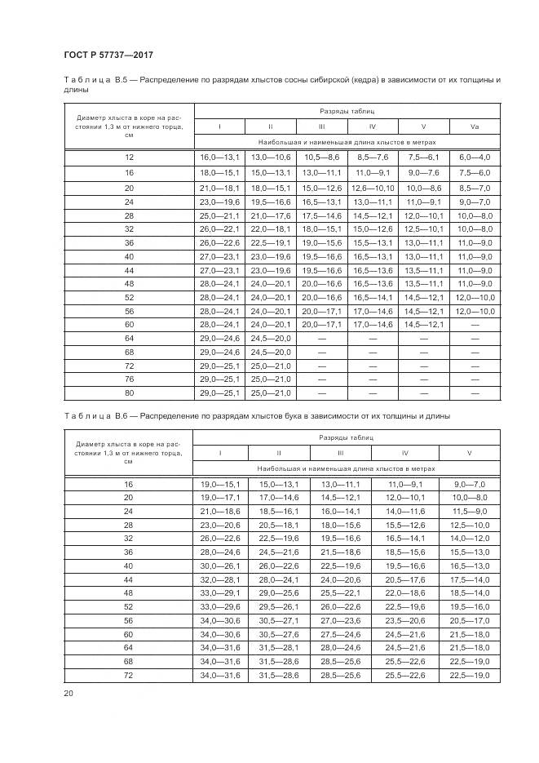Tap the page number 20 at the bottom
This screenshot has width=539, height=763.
(x=68, y=694)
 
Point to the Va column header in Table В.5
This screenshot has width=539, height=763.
(x=474, y=126)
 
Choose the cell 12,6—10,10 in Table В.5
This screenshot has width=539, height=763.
(x=372, y=188)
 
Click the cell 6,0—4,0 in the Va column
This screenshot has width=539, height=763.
(x=474, y=156)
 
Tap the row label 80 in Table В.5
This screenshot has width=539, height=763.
(x=128, y=393)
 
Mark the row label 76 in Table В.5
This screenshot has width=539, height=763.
(x=128, y=379)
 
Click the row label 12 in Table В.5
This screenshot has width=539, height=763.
(x=128, y=156)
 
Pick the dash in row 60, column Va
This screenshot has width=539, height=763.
(x=474, y=324)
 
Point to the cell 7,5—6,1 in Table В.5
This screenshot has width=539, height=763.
(x=423, y=156)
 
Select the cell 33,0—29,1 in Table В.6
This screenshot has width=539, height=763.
(x=219, y=592)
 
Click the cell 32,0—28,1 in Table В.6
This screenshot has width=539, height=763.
(x=219, y=578)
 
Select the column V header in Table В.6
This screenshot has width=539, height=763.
(x=469, y=453)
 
